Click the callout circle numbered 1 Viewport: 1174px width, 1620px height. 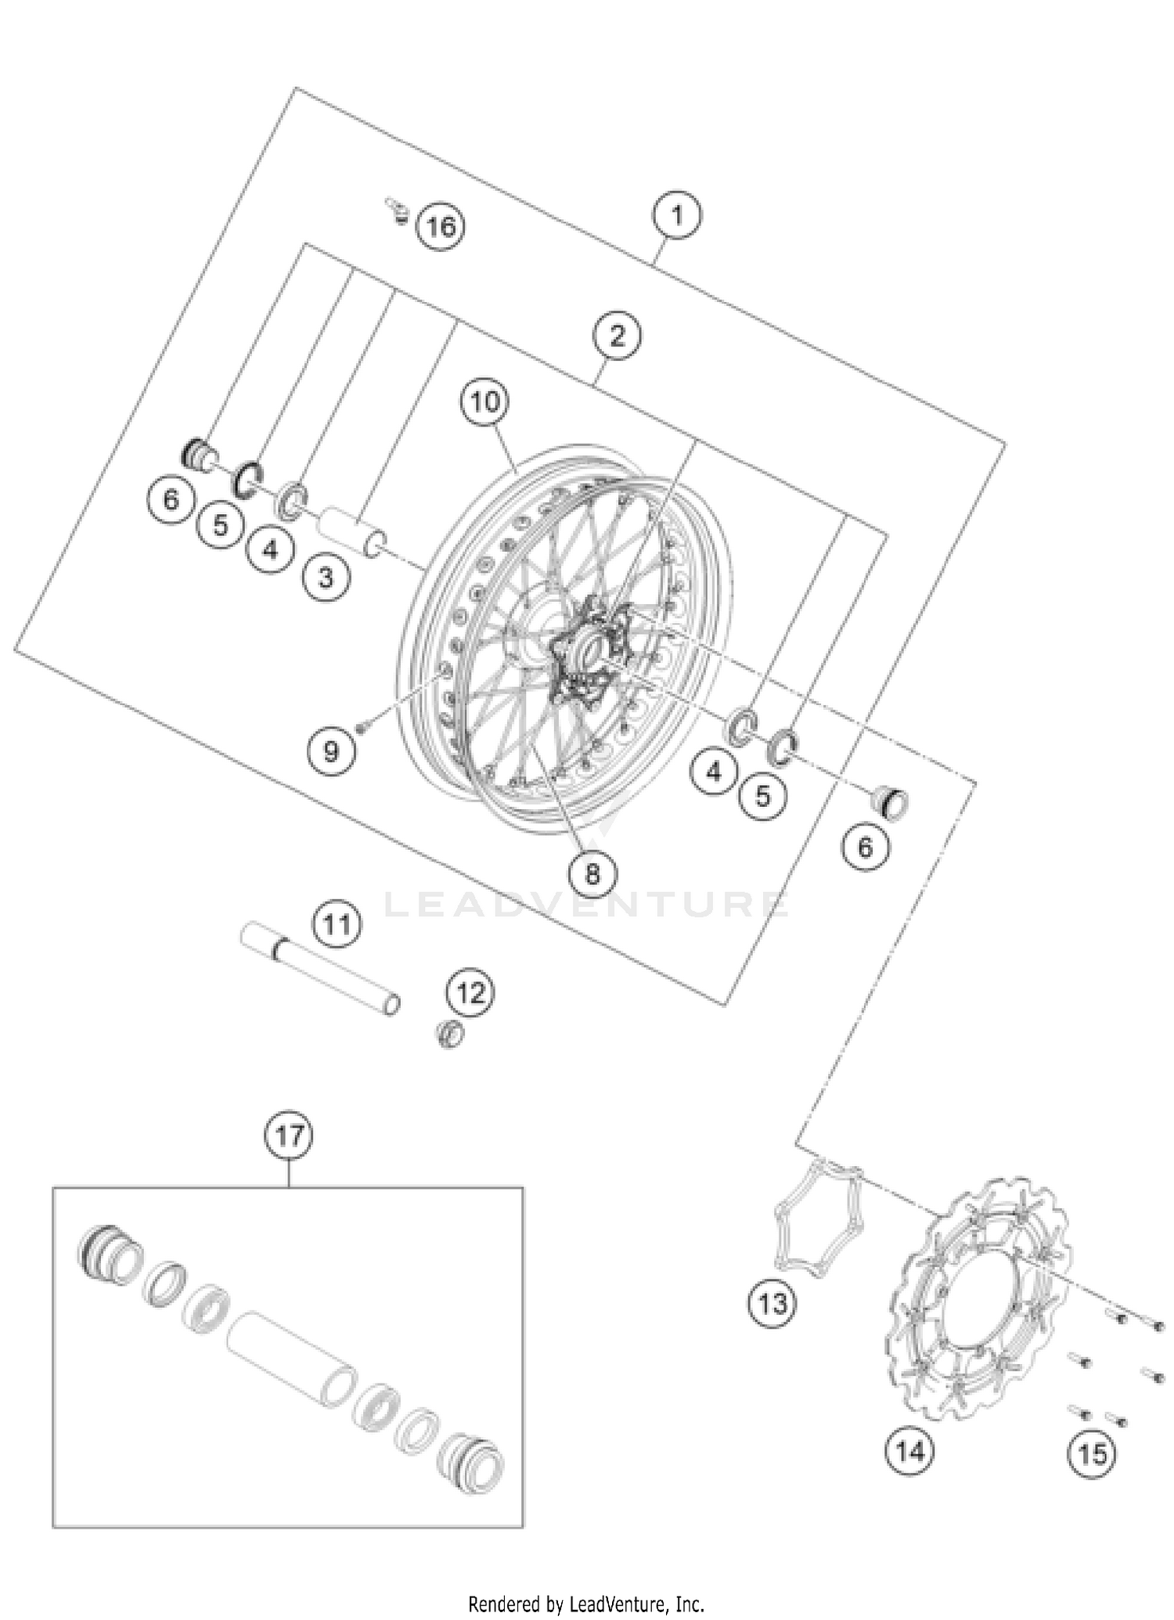(677, 214)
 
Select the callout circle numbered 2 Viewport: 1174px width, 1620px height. (617, 337)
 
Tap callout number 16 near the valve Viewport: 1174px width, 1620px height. (441, 227)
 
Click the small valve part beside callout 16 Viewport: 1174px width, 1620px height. (398, 210)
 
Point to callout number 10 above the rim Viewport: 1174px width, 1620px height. (484, 402)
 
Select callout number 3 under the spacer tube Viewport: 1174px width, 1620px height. (326, 578)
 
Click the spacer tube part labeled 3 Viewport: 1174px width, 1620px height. (352, 531)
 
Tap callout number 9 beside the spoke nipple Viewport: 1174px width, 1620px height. (330, 752)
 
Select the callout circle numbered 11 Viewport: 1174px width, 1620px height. (337, 925)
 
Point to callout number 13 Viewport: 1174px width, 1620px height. (772, 1304)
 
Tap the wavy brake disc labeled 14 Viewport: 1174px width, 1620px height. (978, 1303)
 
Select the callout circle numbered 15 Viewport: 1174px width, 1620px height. (1093, 1454)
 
